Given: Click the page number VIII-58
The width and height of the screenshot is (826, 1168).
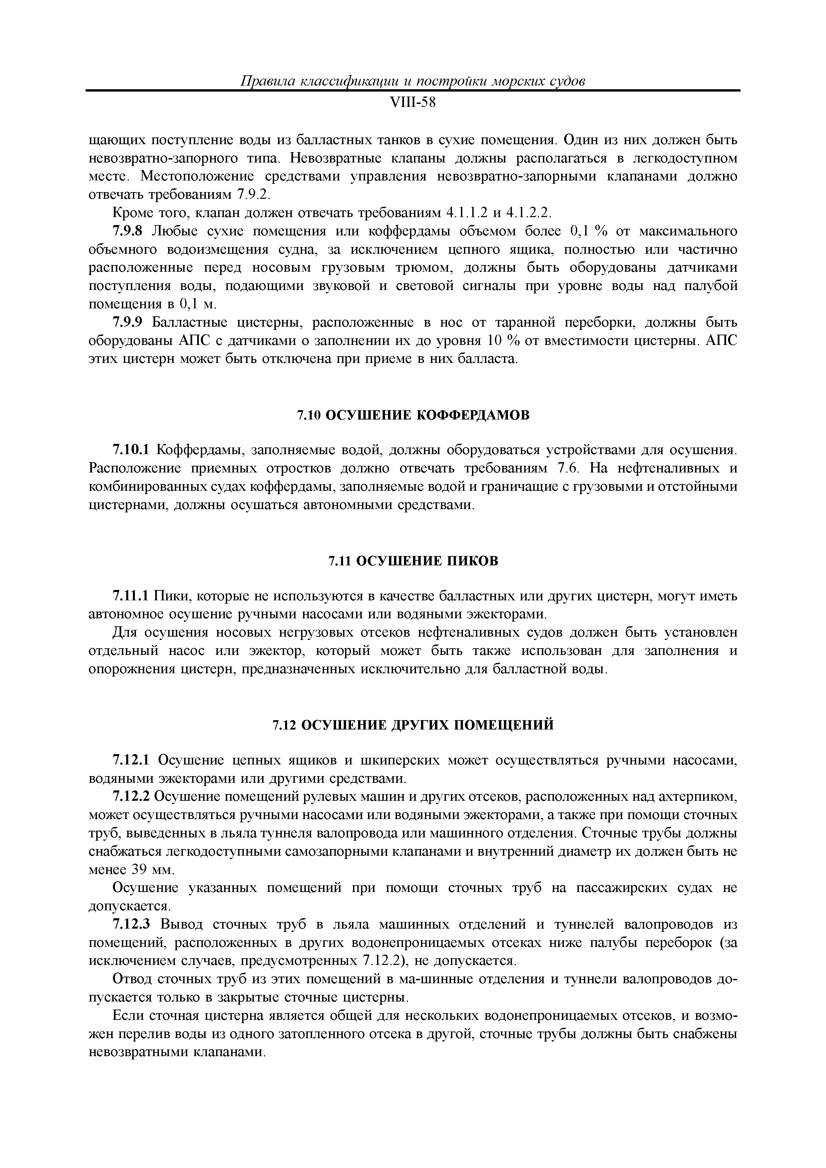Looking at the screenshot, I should (x=412, y=103).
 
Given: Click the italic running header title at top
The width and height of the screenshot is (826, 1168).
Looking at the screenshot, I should (x=412, y=81).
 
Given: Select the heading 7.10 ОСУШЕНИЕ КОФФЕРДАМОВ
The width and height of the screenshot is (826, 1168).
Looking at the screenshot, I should (x=413, y=416).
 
